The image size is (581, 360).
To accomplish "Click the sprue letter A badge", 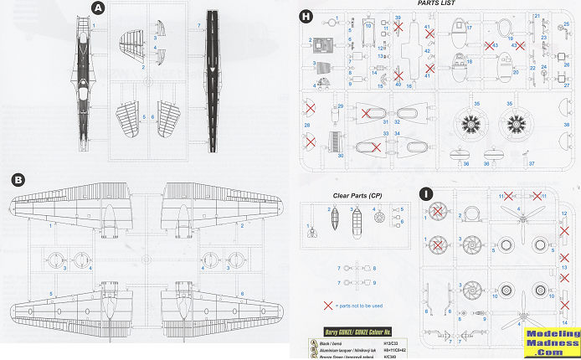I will tap(98, 8).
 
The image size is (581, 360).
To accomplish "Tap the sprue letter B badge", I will tap(18, 179).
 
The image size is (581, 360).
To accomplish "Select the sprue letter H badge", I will tap(306, 17).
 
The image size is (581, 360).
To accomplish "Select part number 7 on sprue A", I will tap(198, 26).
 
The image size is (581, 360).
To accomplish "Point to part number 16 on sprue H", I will tap(409, 85).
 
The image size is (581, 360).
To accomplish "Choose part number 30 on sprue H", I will tap(340, 156).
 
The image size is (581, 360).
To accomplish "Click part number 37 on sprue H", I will tap(532, 164).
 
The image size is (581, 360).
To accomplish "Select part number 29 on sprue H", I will tap(340, 106).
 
